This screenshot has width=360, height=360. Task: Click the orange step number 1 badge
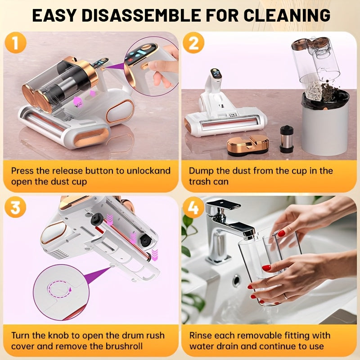point(16,44)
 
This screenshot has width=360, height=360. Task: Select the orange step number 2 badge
point(194,44)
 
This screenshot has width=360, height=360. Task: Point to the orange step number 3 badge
point(16,208)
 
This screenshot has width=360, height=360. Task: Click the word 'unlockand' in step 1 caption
point(149,171)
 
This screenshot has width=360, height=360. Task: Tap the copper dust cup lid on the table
point(247,145)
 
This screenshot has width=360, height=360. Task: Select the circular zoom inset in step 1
point(151,63)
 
